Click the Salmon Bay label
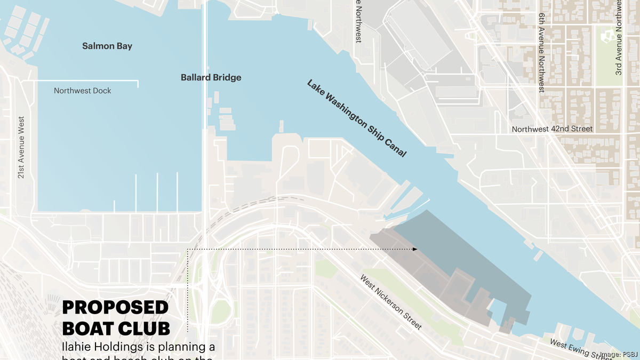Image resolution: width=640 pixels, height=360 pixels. click(x=107, y=46)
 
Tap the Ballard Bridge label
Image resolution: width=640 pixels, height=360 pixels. click(x=211, y=77)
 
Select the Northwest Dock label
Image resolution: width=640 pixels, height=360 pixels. click(x=83, y=91)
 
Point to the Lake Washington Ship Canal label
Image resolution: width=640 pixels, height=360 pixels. click(x=356, y=118)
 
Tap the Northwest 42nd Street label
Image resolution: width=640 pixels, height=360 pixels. click(x=552, y=129)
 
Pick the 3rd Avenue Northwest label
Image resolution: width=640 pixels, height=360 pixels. click(x=619, y=40)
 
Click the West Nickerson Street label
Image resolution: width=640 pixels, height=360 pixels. click(x=390, y=302)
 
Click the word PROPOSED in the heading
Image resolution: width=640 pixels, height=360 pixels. click(x=115, y=308)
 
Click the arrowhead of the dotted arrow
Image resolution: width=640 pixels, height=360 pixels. click(x=414, y=249)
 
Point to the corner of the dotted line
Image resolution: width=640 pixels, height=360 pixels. click(x=188, y=249)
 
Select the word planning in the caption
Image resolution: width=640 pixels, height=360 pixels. click(x=185, y=347)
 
